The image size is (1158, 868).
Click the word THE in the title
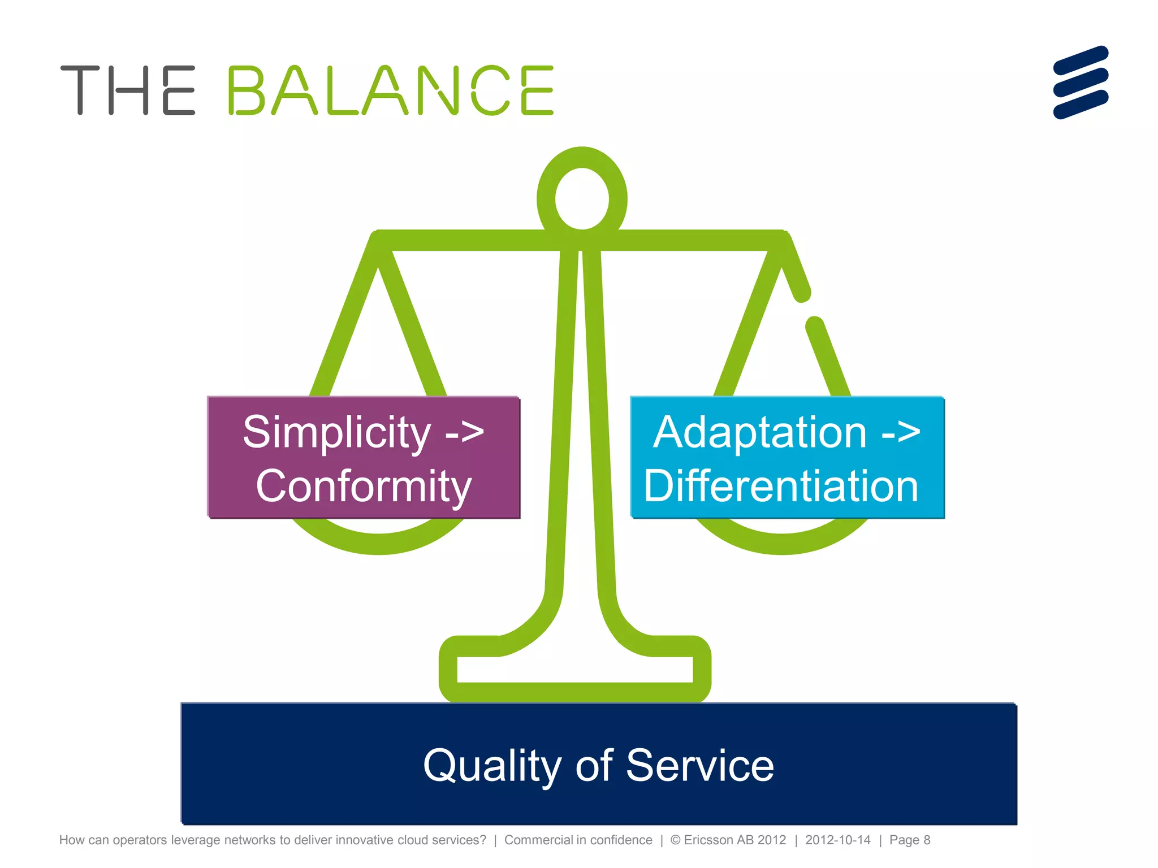pyautogui.click(x=128, y=90)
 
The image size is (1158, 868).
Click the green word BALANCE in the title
pyautogui.click(x=390, y=90)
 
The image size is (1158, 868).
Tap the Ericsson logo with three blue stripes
pyautogui.click(x=1081, y=83)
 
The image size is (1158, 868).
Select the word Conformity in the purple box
pyautogui.click(x=364, y=487)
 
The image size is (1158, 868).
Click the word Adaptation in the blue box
pyautogui.click(x=759, y=432)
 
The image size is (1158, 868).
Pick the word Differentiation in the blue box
pyautogui.click(x=781, y=487)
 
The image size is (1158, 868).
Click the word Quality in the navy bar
pyautogui.click(x=492, y=766)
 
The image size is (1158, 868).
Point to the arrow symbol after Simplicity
pyautogui.click(x=465, y=432)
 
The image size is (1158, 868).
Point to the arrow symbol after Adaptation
pyautogui.click(x=901, y=432)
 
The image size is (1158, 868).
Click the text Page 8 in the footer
pyautogui.click(x=909, y=840)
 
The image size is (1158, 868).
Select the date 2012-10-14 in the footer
pyautogui.click(x=837, y=840)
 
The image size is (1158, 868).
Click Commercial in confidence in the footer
pyautogui.click(x=578, y=840)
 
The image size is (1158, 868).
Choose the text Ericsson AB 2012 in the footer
pyautogui.click(x=734, y=840)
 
